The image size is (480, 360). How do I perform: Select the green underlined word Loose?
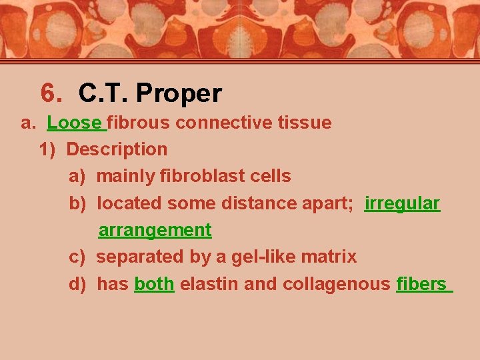pyautogui.click(x=75, y=123)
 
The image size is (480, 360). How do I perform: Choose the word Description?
pyautogui.click(x=117, y=149)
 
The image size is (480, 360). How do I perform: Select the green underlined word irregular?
pyautogui.click(x=402, y=203)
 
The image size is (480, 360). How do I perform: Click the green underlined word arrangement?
pyautogui.click(x=155, y=230)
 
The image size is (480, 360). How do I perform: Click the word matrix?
pyautogui.click(x=331, y=257)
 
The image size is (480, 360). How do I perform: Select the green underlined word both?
pyautogui.click(x=154, y=284)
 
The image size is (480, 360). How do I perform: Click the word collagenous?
pyautogui.click(x=337, y=284)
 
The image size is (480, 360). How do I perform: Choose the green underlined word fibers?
pyautogui.click(x=421, y=284)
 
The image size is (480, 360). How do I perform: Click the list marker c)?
pyautogui.click(x=77, y=257)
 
